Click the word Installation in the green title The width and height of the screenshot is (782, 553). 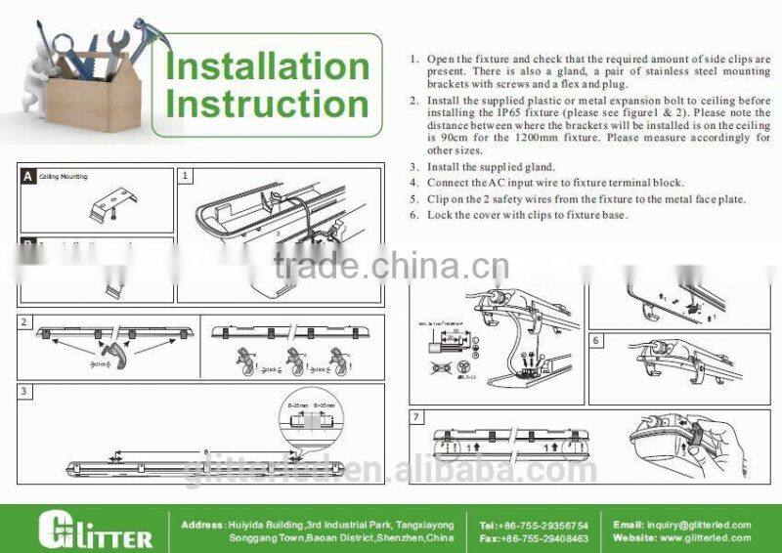click(267, 66)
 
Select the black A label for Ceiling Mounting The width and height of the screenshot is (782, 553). click(28, 177)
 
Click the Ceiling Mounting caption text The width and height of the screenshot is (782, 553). click(65, 177)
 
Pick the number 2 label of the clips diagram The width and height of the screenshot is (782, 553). click(24, 321)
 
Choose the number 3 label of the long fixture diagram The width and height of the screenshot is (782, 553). click(24, 390)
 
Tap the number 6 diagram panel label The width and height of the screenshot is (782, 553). click(595, 341)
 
